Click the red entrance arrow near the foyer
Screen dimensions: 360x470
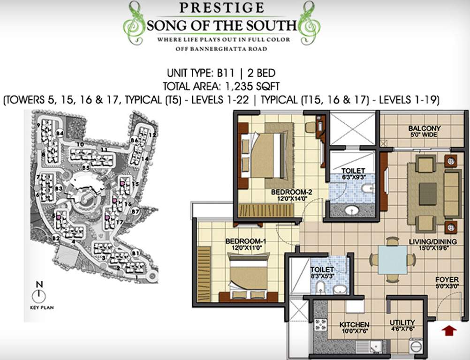[449, 330]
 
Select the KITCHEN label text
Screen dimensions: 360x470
[354, 324]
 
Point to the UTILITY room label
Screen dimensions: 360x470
[402, 322]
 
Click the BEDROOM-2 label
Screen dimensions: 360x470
[292, 191]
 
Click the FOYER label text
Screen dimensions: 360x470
[447, 279]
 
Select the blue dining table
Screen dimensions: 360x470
[392, 260]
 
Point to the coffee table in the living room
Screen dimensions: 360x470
[428, 194]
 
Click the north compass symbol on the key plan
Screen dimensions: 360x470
[39, 295]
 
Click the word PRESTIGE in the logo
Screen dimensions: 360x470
[220, 8]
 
